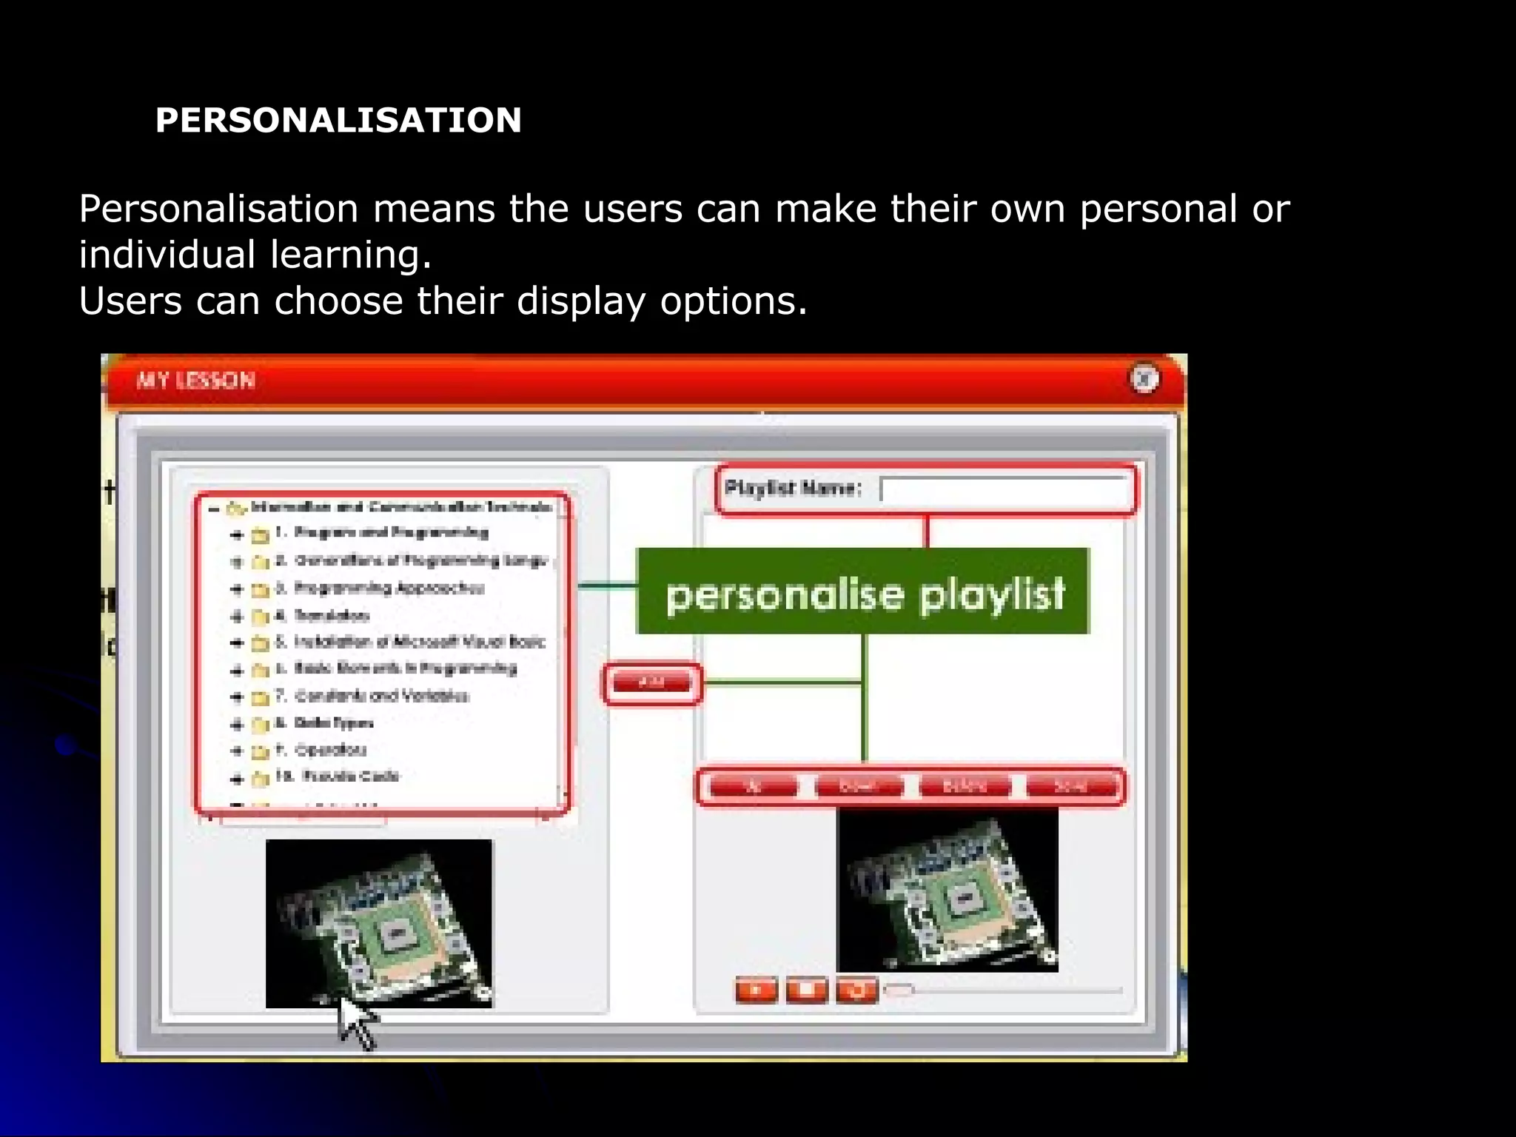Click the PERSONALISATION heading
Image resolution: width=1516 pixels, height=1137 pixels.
[338, 120]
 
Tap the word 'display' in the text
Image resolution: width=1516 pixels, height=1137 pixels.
[580, 301]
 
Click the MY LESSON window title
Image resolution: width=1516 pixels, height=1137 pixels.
[195, 380]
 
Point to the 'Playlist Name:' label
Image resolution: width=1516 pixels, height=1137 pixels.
[793, 488]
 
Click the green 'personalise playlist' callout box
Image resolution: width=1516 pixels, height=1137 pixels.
[862, 591]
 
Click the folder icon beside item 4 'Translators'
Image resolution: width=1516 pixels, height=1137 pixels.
[260, 617]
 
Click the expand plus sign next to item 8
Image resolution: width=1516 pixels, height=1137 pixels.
[237, 724]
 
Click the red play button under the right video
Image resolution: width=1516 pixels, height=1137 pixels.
[756, 989]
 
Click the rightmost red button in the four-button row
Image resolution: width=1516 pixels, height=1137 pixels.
[1071, 786]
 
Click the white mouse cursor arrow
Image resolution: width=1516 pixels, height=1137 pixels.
[356, 1021]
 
